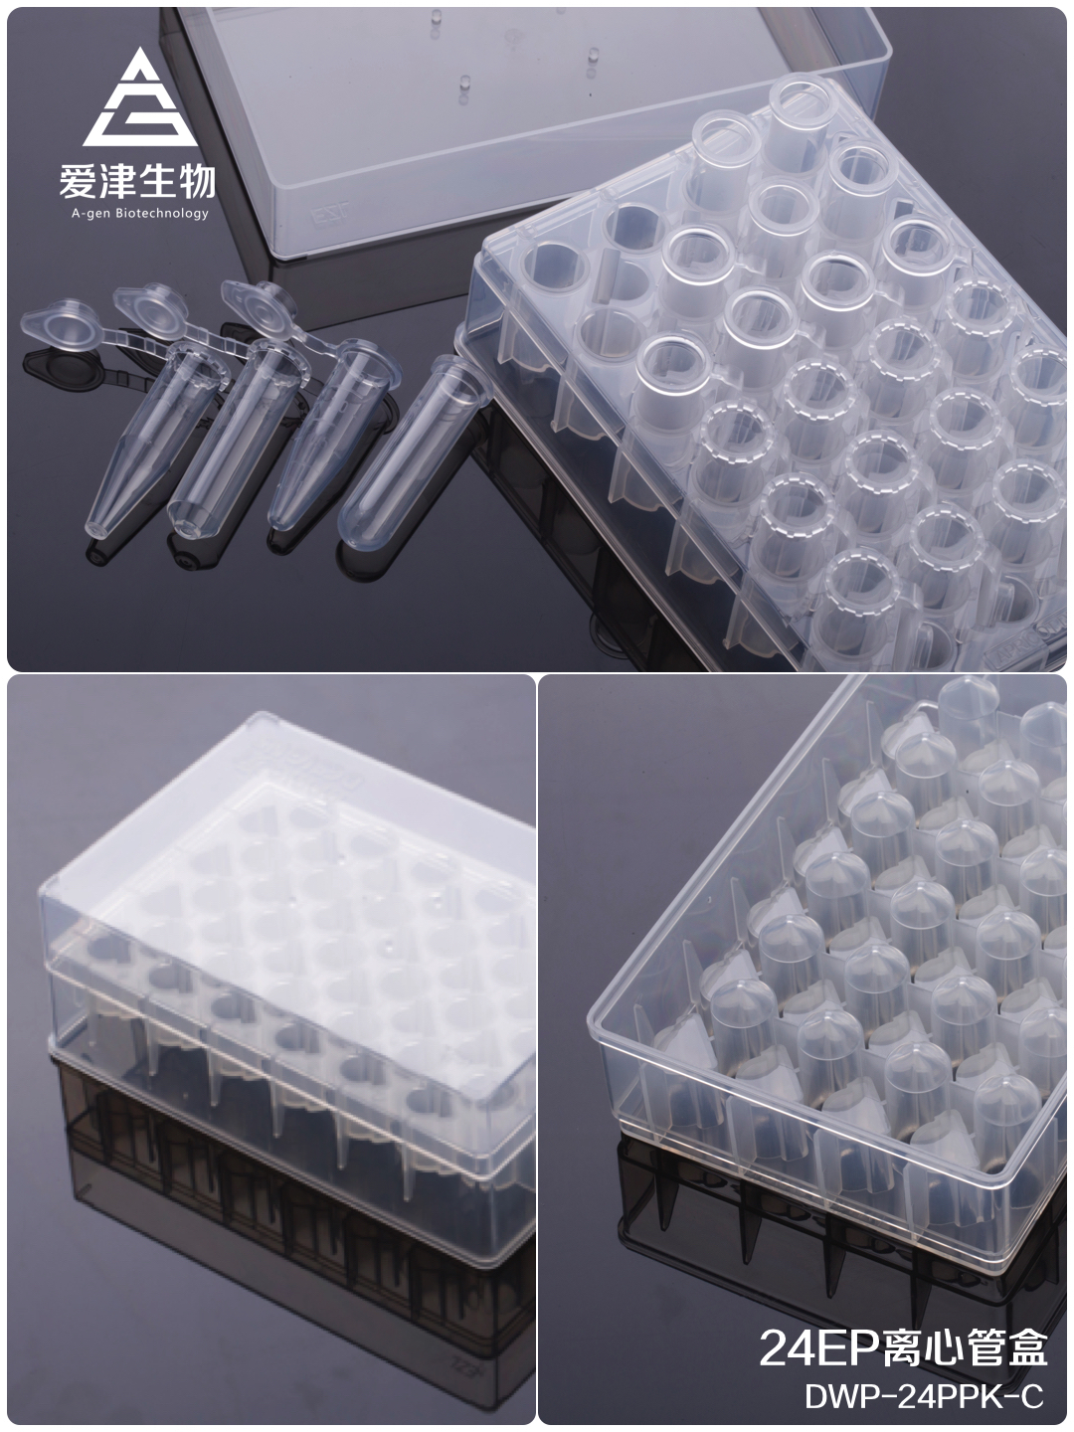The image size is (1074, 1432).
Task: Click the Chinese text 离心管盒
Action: pyautogui.click(x=964, y=1347)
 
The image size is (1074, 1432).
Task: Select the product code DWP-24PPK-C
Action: pyautogui.click(x=924, y=1395)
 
